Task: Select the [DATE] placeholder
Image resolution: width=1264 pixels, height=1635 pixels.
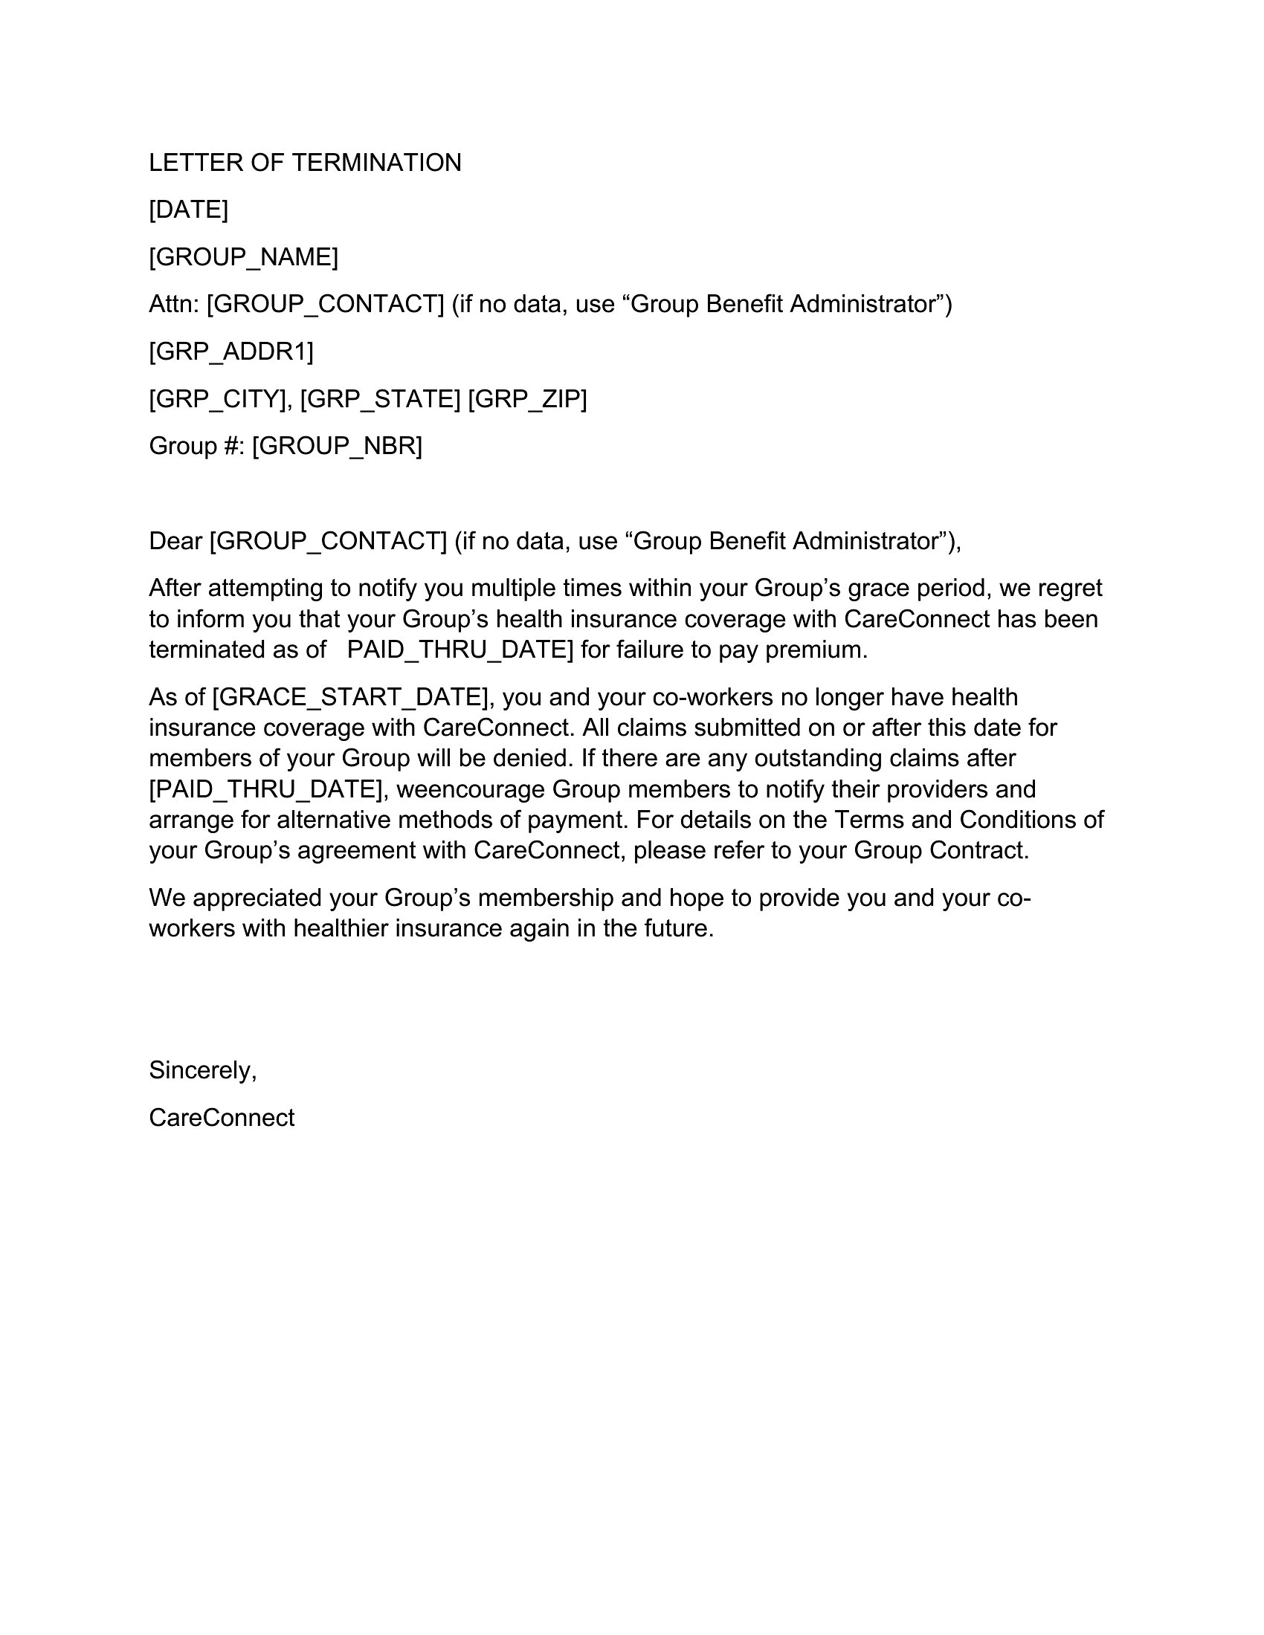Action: coord(188,210)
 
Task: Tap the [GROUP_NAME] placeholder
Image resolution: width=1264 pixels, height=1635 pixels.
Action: coord(243,257)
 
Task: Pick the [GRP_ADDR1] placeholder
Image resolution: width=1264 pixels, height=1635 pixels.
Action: coord(230,351)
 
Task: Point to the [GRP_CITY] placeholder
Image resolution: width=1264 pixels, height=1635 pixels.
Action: coord(219,399)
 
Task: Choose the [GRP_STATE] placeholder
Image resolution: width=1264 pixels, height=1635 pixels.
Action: coord(380,399)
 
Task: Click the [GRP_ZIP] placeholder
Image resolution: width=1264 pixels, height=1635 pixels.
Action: coord(527,399)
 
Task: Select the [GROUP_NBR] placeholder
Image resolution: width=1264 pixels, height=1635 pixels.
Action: coord(337,446)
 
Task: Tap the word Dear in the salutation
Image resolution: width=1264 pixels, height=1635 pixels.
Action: coord(175,540)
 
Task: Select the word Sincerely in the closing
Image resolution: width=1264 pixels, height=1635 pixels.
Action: coord(201,1069)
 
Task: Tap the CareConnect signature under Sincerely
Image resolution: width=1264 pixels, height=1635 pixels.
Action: coord(222,1117)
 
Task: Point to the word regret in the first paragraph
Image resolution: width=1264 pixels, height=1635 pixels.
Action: coord(1069,589)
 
